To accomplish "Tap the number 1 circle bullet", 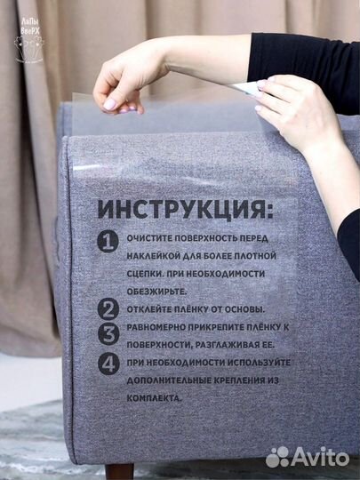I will pos(108,241).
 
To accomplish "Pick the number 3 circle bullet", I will pos(108,334).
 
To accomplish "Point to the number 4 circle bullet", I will pos(108,364).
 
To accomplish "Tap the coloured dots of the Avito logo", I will pos(278,456).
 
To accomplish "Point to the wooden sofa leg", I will pos(118,470).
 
